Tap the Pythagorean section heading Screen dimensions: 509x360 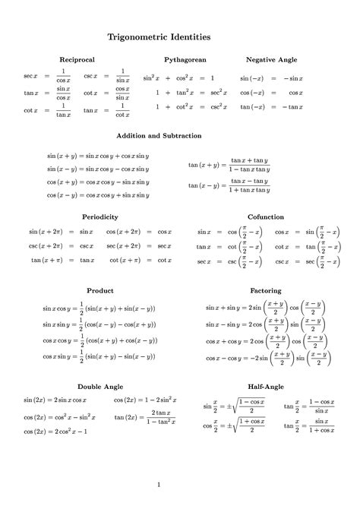coord(185,59)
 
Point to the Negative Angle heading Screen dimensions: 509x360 coord(271,59)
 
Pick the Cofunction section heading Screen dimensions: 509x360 coord(265,217)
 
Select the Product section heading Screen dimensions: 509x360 coord(100,290)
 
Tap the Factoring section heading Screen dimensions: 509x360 coord(265,290)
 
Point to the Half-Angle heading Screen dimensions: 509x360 coord(265,387)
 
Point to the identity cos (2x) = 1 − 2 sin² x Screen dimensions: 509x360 coord(146,400)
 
